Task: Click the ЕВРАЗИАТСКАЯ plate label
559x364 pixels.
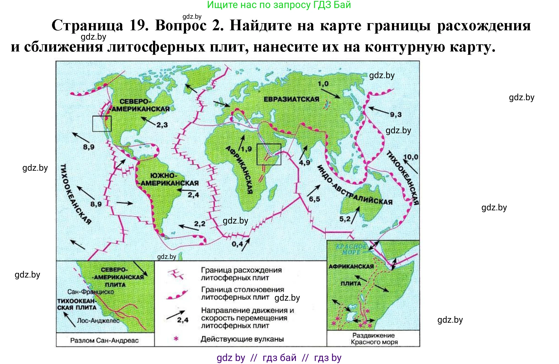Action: (x=291, y=99)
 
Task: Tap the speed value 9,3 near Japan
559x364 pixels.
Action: (x=396, y=115)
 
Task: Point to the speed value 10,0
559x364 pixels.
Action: (x=410, y=157)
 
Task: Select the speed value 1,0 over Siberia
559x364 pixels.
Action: (x=323, y=84)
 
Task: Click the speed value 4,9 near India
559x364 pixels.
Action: (x=304, y=163)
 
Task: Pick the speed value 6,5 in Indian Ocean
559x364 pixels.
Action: (x=314, y=199)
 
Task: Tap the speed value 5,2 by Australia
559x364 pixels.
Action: (x=345, y=219)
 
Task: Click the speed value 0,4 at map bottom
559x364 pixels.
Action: (x=237, y=244)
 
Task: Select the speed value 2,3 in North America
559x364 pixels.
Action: (x=162, y=125)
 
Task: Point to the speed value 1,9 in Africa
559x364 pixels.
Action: (x=246, y=149)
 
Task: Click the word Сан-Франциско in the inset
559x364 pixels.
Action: (x=91, y=292)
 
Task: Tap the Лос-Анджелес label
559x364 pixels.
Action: (x=98, y=321)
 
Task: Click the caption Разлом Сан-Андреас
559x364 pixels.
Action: (x=104, y=341)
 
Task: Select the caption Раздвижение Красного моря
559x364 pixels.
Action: (x=374, y=339)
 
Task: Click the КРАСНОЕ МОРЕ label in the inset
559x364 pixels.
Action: (x=351, y=249)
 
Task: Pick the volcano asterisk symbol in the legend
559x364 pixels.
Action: (x=176, y=339)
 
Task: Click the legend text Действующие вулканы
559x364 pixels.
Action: (x=242, y=339)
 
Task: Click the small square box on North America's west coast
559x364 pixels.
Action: (x=102, y=124)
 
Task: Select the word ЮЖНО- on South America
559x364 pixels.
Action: (x=163, y=176)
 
